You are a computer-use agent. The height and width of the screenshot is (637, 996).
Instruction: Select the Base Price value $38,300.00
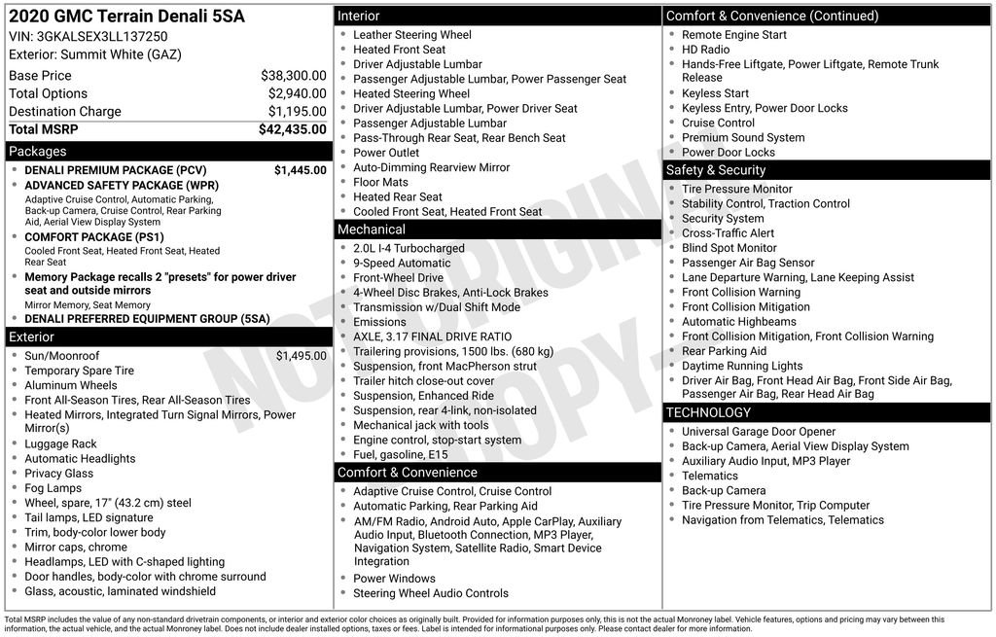[293, 75]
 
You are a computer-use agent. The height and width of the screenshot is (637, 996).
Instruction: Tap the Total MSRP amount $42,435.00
[292, 129]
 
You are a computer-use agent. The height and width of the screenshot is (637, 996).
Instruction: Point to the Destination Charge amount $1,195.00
[297, 112]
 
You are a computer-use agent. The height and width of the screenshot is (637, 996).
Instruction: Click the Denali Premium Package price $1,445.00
[300, 170]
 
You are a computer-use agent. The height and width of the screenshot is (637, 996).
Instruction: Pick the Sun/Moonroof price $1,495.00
[301, 356]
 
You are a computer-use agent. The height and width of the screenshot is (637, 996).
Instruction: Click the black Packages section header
[166, 152]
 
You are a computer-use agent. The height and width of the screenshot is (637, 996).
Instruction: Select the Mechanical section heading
[498, 230]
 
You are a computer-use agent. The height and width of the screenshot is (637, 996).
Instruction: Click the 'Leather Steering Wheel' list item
[411, 35]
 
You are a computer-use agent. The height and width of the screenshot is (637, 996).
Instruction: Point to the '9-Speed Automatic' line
[402, 263]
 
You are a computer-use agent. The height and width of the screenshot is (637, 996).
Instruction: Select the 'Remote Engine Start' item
[734, 35]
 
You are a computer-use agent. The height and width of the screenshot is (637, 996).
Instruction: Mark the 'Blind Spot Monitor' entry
[729, 248]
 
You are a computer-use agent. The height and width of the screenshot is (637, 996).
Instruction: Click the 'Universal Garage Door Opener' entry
[758, 432]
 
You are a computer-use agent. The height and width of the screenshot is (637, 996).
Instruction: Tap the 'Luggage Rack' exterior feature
[60, 443]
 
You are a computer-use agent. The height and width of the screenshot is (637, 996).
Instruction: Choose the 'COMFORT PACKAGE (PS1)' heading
[94, 237]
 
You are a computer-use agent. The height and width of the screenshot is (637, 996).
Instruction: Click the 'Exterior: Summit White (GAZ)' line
[95, 54]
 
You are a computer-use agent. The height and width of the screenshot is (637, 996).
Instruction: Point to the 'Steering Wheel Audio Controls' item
[430, 593]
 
